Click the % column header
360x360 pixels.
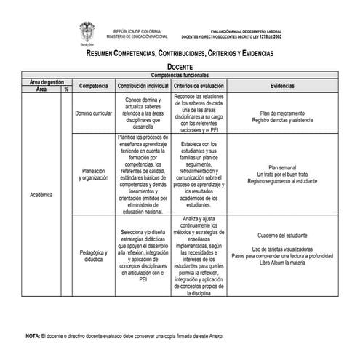(66, 89)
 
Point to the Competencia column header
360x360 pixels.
(94, 86)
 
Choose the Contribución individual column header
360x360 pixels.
(143, 86)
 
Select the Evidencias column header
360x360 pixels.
(282, 86)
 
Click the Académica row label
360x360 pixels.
(41, 196)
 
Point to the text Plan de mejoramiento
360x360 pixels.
(282, 113)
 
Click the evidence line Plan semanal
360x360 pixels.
(282, 167)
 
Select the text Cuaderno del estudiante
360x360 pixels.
(282, 236)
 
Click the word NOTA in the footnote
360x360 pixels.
(33, 336)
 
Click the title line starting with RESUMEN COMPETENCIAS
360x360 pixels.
(180, 54)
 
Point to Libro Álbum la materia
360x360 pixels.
(282, 262)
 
